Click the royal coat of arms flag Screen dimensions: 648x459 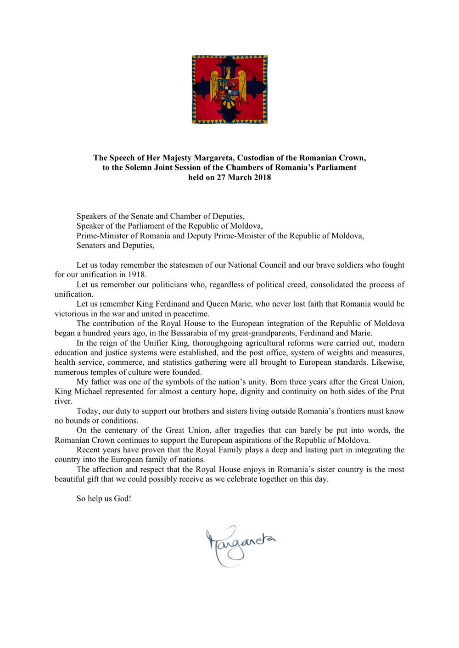point(229,89)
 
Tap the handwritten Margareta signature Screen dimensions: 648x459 point(240,545)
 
